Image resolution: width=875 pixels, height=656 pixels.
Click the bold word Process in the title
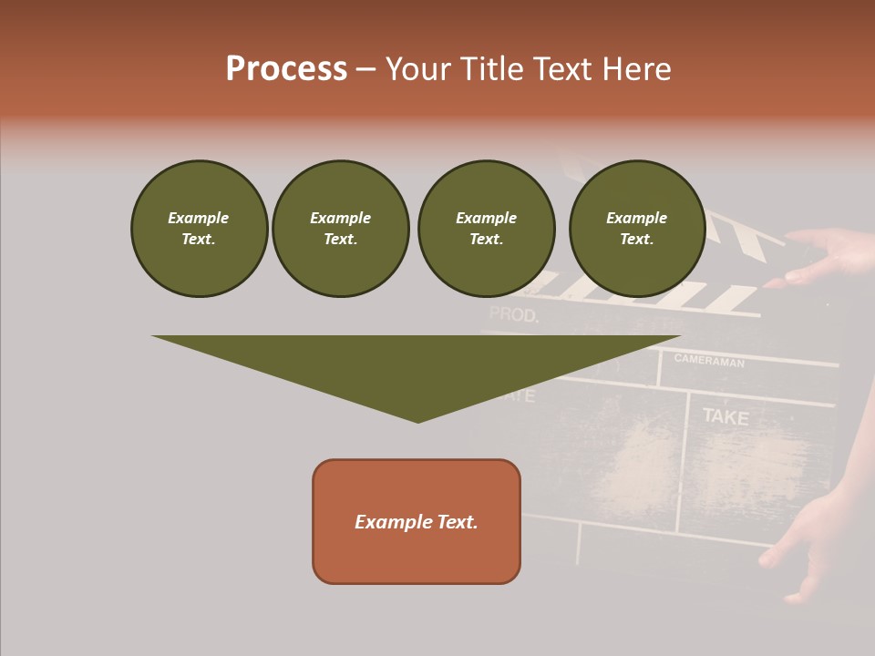pyautogui.click(x=286, y=69)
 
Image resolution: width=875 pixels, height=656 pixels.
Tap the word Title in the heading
pyautogui.click(x=493, y=69)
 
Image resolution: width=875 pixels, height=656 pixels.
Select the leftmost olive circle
pyautogui.click(x=199, y=229)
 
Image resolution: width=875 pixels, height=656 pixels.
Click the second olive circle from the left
pyautogui.click(x=341, y=229)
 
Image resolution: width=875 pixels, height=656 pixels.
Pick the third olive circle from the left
pyautogui.click(x=486, y=229)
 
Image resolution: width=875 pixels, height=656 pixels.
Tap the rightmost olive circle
pyautogui.click(x=637, y=229)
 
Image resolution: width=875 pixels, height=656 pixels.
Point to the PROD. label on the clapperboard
pyautogui.click(x=514, y=315)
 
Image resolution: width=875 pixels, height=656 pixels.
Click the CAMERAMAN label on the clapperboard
pyautogui.click(x=709, y=361)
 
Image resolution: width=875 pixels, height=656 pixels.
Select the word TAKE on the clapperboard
pyautogui.click(x=725, y=417)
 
